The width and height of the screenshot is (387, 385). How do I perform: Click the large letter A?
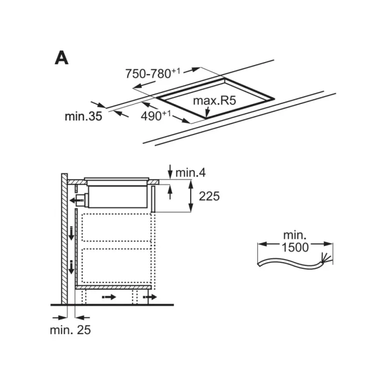(x=61, y=58)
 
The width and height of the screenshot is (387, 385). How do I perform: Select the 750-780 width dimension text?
(x=153, y=74)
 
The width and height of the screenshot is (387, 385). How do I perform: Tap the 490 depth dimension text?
(x=155, y=116)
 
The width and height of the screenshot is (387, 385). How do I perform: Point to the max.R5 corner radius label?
(x=214, y=101)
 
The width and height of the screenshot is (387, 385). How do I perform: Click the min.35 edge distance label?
(x=83, y=116)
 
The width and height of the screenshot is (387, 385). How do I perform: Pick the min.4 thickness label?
(x=190, y=173)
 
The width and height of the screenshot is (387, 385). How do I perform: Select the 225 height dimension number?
(x=209, y=196)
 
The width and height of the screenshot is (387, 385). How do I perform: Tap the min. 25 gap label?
(x=70, y=330)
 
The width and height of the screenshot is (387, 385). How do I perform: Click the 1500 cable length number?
(x=295, y=247)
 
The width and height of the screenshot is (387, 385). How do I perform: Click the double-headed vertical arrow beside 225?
(x=191, y=196)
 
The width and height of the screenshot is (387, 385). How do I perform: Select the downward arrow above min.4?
(x=170, y=171)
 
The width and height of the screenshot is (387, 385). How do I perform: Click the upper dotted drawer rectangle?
(x=116, y=227)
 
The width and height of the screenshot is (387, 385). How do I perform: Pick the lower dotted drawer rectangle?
(x=116, y=266)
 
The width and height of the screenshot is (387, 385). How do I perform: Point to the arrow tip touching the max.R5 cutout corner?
(x=207, y=117)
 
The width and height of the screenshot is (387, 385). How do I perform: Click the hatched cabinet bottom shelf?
(x=113, y=287)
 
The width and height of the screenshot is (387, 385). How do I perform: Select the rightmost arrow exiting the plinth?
(x=150, y=297)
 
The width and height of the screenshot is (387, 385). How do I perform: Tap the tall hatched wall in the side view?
(x=64, y=238)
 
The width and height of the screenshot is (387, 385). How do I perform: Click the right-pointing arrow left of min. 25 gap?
(x=60, y=318)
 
